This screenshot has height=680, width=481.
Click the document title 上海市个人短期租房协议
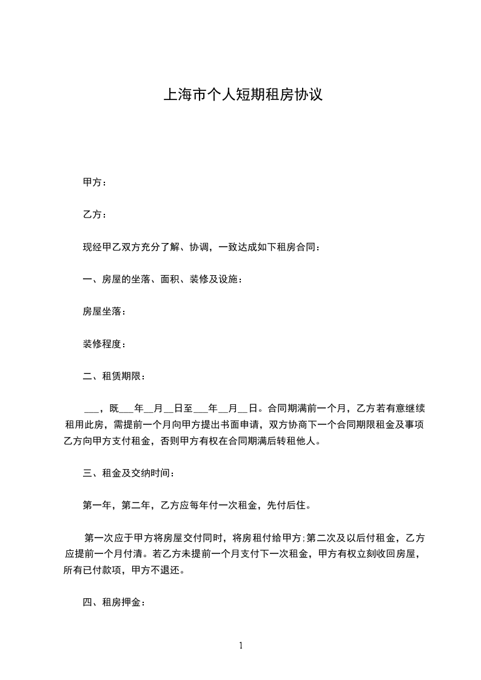tap(241, 96)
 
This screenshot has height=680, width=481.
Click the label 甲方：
tap(95, 182)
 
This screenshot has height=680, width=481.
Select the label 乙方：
tap(95, 215)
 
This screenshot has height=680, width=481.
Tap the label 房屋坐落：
tap(104, 312)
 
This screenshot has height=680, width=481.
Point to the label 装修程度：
tap(104, 344)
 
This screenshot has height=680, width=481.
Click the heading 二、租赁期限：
tap(113, 376)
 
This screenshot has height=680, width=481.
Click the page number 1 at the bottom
tap(241, 646)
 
